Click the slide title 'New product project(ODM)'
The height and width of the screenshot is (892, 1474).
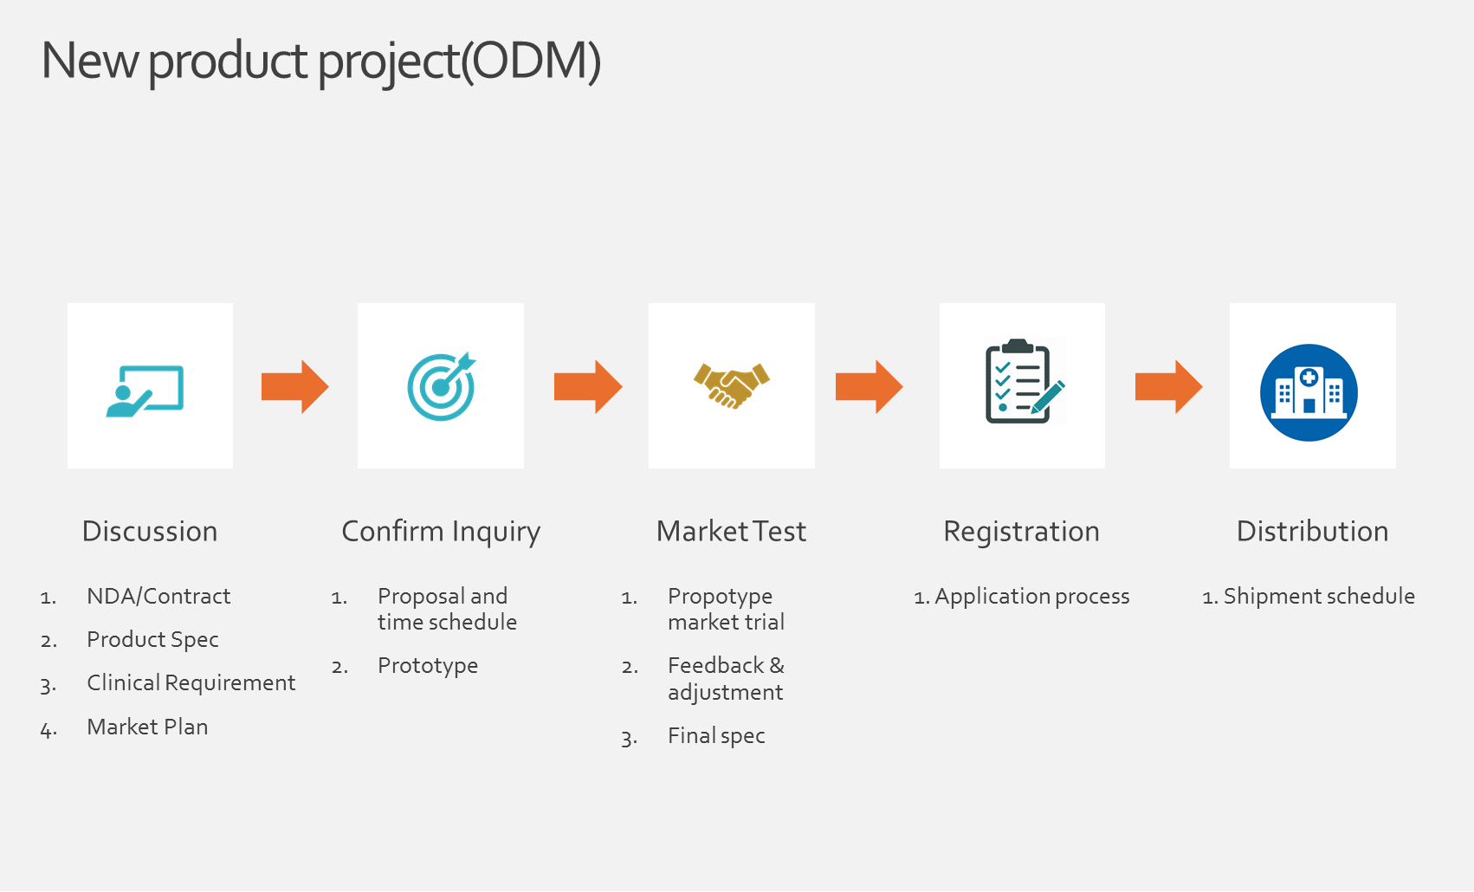tap(321, 61)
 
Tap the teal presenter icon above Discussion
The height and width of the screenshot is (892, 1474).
tap(145, 391)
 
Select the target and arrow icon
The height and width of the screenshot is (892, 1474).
tap(442, 387)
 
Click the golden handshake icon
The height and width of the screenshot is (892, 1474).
tap(732, 385)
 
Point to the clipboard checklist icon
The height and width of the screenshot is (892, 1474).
tap(1025, 382)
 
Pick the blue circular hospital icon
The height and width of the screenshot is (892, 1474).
tap(1309, 392)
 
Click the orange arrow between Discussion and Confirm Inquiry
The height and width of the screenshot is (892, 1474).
tap(294, 387)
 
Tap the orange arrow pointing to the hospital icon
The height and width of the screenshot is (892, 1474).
tap(1168, 387)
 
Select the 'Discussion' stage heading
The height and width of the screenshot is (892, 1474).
tap(150, 532)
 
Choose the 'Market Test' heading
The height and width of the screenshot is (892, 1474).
tap(731, 532)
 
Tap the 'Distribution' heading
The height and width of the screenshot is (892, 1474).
tap(1313, 532)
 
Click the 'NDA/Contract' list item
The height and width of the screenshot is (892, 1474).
tap(158, 596)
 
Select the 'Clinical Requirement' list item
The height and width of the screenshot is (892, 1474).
tap(191, 683)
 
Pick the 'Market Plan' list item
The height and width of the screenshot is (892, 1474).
tap(147, 727)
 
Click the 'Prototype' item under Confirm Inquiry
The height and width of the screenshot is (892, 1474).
tap(428, 666)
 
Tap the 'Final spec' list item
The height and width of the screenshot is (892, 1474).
tap(716, 736)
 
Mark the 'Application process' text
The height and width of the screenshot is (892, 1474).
tap(1031, 597)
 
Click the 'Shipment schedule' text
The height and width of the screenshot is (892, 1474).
tap(1319, 597)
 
